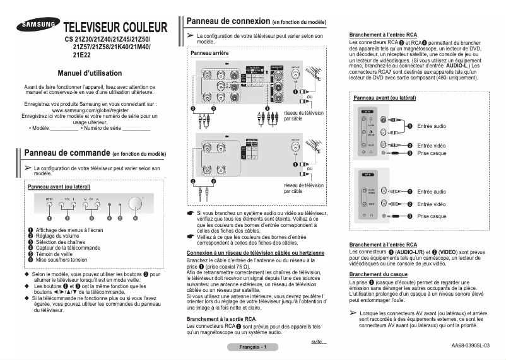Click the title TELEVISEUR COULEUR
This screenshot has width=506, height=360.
click(116, 28)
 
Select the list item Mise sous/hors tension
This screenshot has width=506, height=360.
click(61, 260)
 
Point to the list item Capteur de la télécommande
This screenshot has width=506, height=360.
click(69, 248)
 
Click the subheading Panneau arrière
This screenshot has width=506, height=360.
click(209, 54)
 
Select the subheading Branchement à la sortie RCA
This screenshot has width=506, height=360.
click(221, 319)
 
